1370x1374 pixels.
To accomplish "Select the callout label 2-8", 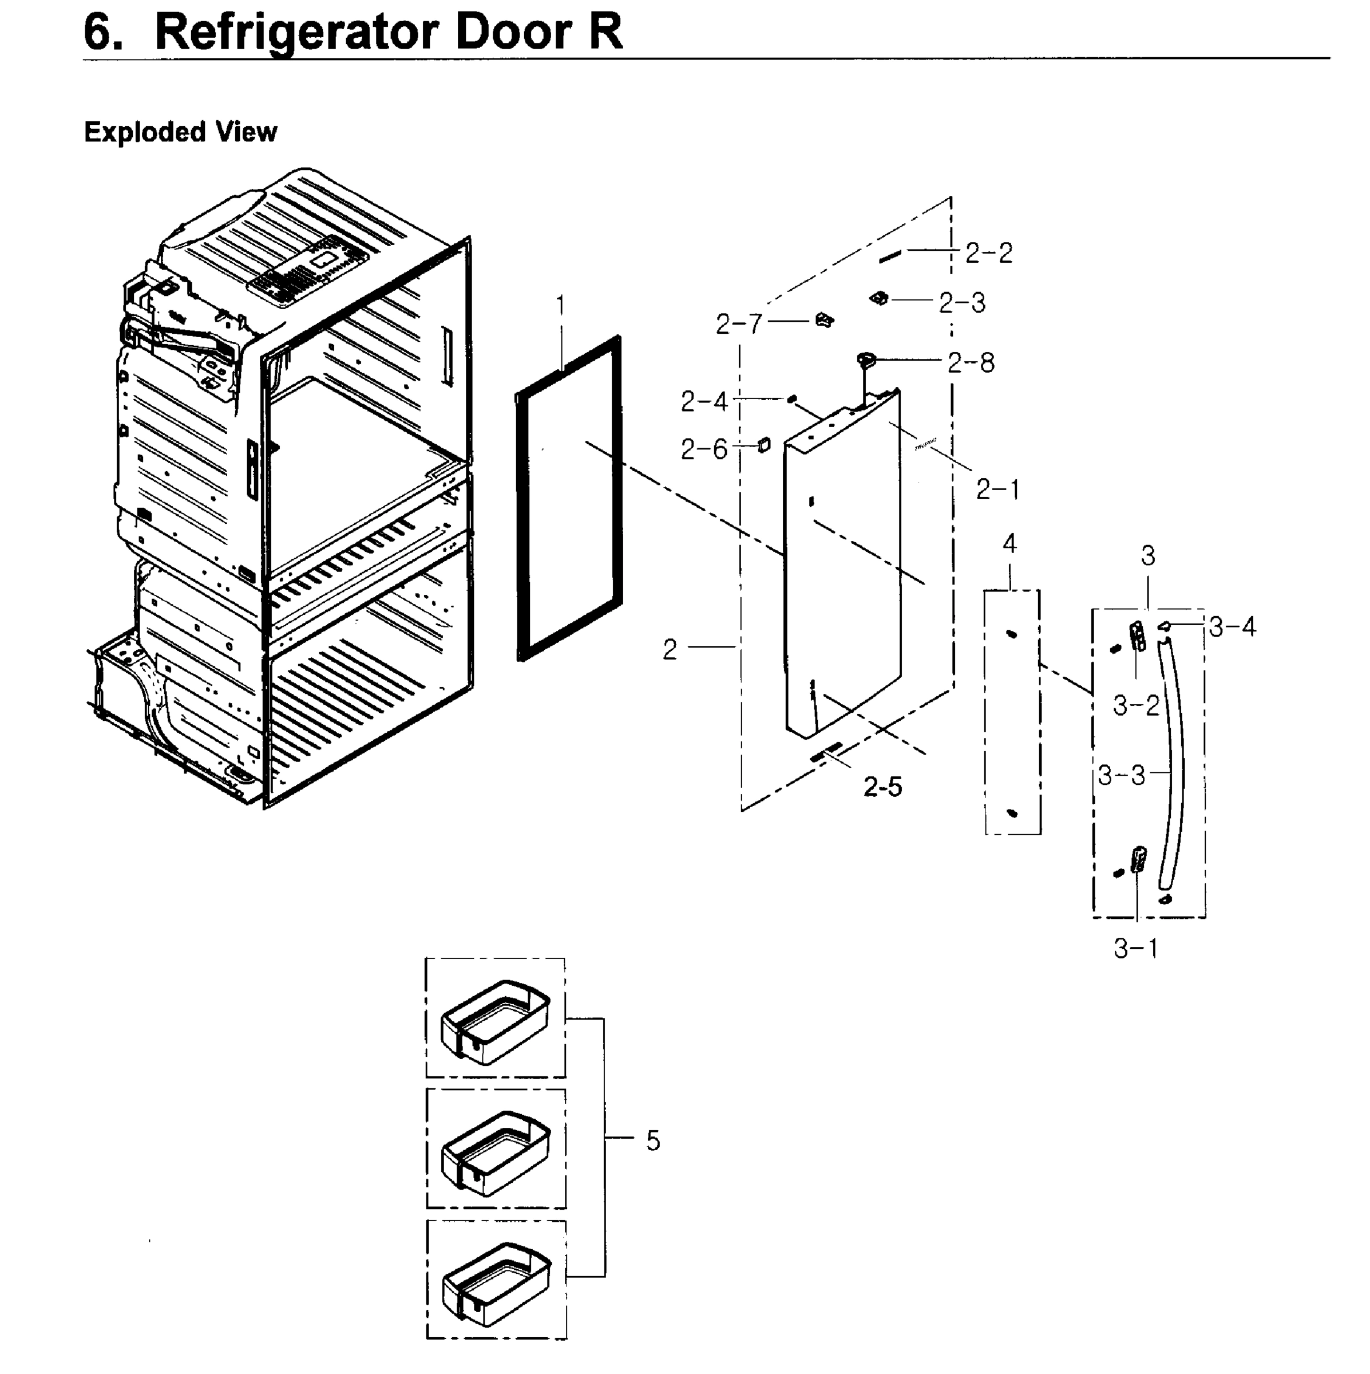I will pyautogui.click(x=971, y=364).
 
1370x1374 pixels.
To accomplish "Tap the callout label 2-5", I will pyautogui.click(x=882, y=787).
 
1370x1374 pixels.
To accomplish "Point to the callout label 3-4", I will pyautogui.click(x=1233, y=627).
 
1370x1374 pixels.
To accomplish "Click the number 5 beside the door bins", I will pyautogui.click(x=652, y=1141).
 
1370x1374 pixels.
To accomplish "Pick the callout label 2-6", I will pyautogui.click(x=704, y=449).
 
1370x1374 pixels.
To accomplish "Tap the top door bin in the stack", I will pyautogui.click(x=496, y=1022).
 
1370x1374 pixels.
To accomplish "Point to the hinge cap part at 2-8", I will pyautogui.click(x=866, y=361).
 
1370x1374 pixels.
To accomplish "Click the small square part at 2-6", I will pyautogui.click(x=763, y=445).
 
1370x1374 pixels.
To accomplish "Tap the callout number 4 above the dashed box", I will pyautogui.click(x=1009, y=544).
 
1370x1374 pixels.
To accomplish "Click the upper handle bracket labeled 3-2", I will pyautogui.click(x=1138, y=637).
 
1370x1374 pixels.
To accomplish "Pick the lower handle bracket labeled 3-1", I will pyautogui.click(x=1138, y=859).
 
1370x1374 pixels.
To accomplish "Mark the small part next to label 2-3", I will pyautogui.click(x=879, y=299).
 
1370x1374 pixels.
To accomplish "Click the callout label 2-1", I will pyautogui.click(x=997, y=489).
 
